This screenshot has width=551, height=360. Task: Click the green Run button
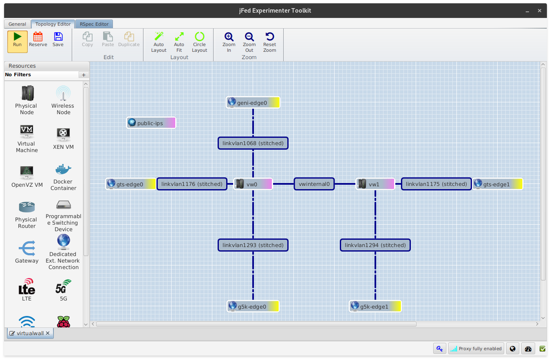[17, 42]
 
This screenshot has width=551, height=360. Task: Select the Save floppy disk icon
[58, 37]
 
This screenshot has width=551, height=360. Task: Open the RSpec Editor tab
[94, 24]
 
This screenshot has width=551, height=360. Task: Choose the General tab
[17, 24]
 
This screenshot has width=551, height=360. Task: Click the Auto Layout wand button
[159, 42]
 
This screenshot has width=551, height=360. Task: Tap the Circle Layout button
[199, 42]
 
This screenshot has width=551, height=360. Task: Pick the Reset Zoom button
[270, 42]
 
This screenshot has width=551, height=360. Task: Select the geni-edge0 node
[253, 103]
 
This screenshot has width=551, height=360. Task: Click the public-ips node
[151, 123]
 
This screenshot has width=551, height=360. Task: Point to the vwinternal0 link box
[314, 184]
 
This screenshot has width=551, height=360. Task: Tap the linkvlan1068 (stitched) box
[253, 143]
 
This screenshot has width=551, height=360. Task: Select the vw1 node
[375, 184]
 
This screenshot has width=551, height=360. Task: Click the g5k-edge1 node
[375, 306]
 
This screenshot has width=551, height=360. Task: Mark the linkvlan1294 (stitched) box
[375, 245]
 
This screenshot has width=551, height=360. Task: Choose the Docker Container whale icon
[63, 169]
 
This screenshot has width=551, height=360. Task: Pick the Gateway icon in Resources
[27, 248]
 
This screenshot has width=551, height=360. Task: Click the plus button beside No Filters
[84, 75]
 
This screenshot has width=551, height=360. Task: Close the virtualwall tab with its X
[48, 333]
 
